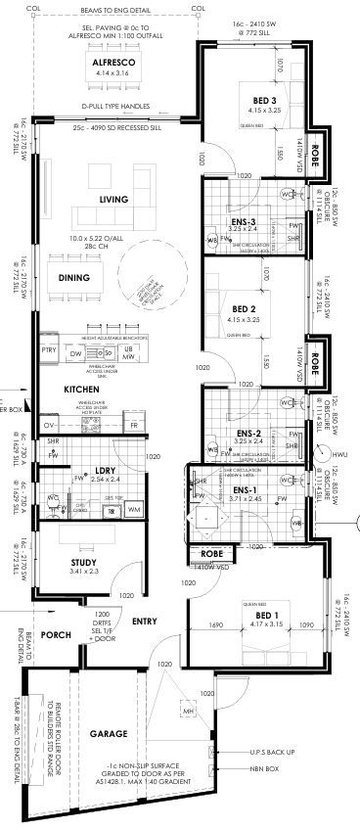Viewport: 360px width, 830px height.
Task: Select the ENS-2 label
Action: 248,433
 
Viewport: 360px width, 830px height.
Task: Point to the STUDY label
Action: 85,561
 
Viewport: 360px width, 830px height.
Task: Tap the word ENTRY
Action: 144,621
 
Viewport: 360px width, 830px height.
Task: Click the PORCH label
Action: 57,634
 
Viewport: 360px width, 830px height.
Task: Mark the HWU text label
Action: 339,455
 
